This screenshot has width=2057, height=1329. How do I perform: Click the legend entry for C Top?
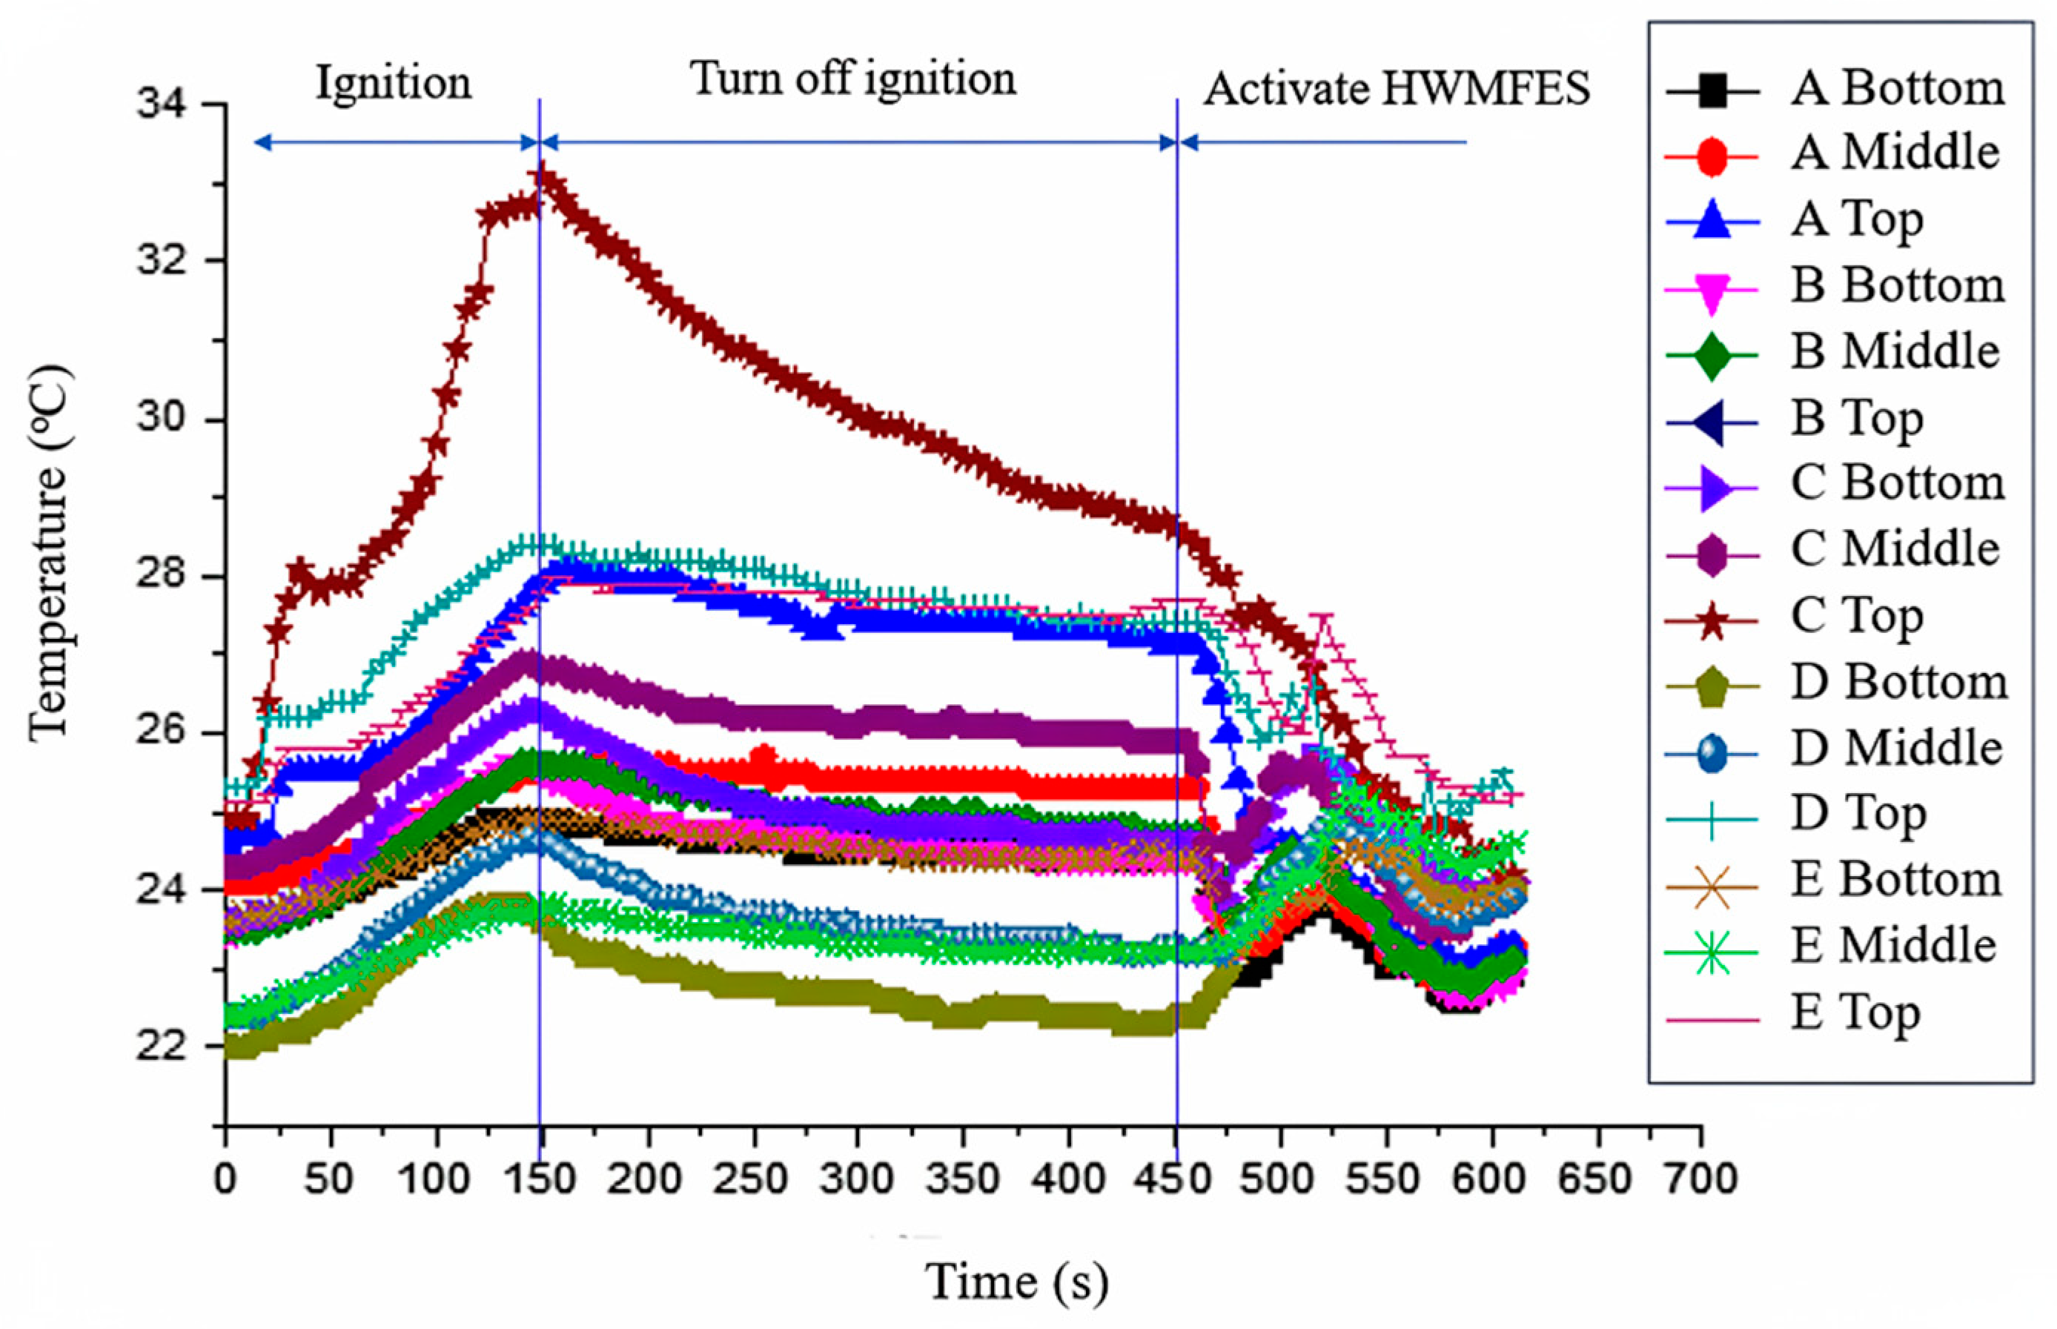1855,616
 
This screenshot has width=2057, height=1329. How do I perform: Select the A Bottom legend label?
1896,88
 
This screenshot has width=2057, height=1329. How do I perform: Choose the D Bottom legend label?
1898,683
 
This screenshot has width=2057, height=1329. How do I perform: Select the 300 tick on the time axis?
857,1179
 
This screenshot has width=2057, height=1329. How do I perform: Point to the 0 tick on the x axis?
225,1179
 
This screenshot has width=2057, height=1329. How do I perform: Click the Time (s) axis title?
1016,1281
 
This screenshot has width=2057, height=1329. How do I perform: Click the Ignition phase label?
394,84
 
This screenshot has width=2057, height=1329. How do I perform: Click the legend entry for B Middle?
1894,352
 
